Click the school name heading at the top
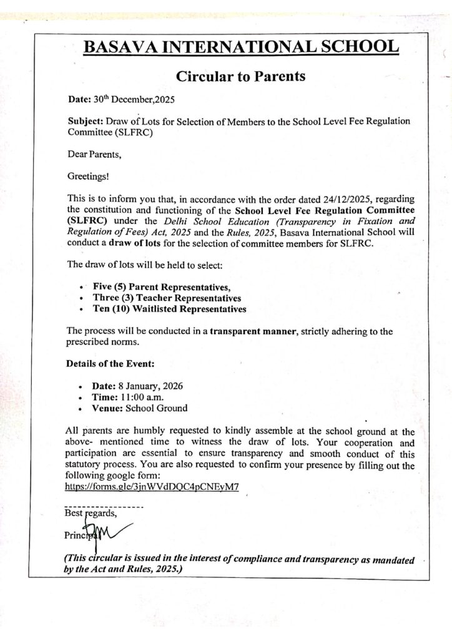pyautogui.click(x=240, y=47)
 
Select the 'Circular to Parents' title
pyautogui.click(x=240, y=76)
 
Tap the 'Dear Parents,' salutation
pyautogui.click(x=91, y=151)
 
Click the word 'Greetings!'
pyautogui.click(x=86, y=176)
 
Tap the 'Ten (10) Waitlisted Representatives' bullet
pyautogui.click(x=169, y=309)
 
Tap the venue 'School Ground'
pyautogui.click(x=156, y=409)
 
